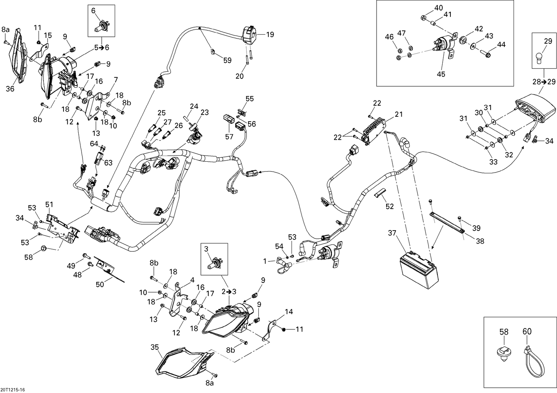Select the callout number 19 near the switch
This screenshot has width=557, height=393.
tap(270, 35)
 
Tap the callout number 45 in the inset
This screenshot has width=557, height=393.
tap(441, 74)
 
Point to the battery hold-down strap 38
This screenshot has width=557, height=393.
tap(447, 222)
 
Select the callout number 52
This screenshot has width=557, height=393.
tap(389, 206)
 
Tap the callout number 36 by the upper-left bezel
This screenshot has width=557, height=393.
tap(10, 89)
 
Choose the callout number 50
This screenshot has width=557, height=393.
tap(100, 284)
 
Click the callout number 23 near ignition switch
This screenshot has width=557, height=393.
tap(205, 112)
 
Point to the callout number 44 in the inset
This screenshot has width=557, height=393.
tap(501, 45)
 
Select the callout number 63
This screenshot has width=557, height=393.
tap(108, 163)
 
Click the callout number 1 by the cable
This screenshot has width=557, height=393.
tap(265, 261)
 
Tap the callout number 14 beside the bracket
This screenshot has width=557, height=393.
tap(289, 312)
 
